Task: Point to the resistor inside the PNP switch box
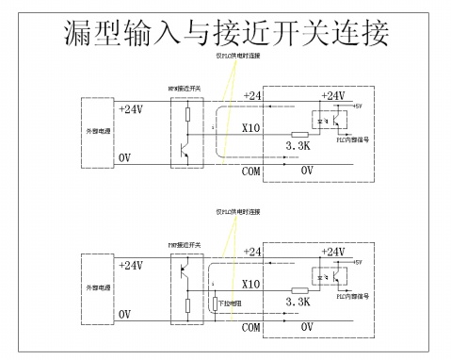click(x=186, y=305)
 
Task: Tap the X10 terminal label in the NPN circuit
click(x=251, y=127)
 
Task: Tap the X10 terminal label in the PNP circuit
click(x=251, y=283)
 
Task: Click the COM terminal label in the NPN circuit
click(x=250, y=172)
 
